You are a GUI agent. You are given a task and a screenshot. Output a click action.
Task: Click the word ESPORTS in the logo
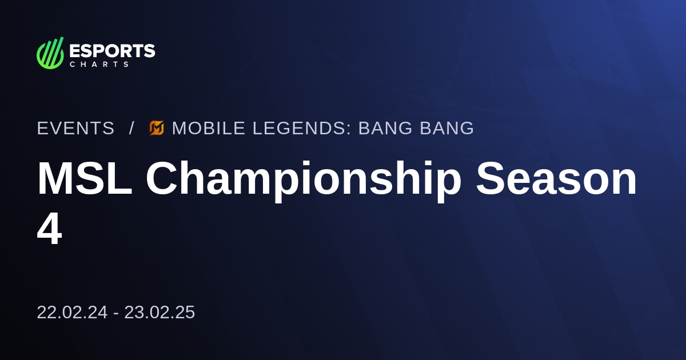(112, 51)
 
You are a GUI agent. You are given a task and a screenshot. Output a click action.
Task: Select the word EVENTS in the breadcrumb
(75, 129)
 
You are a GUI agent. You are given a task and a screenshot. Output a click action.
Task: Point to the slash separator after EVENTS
(131, 129)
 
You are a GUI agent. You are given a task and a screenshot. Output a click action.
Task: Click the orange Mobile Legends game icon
(157, 129)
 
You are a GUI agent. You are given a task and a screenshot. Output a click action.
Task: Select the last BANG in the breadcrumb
(446, 129)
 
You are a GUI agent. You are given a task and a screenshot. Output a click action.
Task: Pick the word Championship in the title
(303, 179)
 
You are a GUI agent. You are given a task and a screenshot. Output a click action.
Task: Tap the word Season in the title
(556, 179)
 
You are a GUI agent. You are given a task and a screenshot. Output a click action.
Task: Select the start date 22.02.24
(72, 313)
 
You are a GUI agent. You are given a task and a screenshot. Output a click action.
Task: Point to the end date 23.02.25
(159, 313)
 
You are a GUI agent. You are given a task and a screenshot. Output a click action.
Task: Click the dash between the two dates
(116, 313)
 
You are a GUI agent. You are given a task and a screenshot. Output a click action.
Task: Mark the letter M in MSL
(55, 179)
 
